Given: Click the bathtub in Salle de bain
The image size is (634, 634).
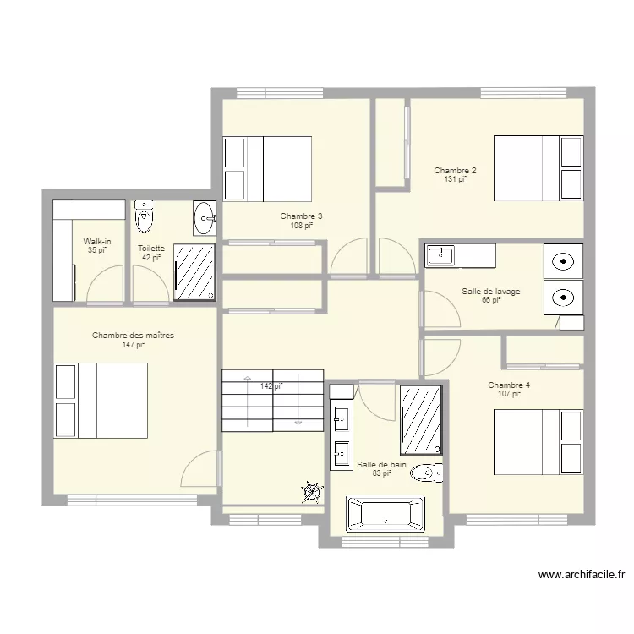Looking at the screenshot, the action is [385, 513].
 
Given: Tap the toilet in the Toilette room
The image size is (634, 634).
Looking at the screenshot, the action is [144, 216].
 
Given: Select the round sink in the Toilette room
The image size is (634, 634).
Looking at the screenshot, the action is [205, 218].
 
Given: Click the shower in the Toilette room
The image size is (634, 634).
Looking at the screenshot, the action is [194, 272].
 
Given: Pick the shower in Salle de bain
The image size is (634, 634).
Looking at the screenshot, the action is [421, 420].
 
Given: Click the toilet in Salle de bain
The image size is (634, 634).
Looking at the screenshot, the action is [427, 473].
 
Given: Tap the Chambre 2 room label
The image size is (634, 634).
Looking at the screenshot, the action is [455, 170].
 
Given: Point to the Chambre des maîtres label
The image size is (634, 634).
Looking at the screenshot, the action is [133, 336].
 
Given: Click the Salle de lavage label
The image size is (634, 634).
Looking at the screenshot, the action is [491, 291].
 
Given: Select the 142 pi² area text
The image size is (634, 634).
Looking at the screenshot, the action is [271, 386].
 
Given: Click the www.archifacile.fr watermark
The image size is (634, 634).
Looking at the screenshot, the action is [582, 574].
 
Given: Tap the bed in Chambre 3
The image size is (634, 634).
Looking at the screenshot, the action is [267, 169].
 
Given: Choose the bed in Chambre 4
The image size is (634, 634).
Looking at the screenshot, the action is [538, 442].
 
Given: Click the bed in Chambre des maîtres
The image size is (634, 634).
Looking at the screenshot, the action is [101, 401].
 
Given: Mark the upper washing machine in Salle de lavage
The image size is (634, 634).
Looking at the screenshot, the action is [563, 261].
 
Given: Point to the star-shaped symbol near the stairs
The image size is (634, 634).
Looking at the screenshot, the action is [313, 492].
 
